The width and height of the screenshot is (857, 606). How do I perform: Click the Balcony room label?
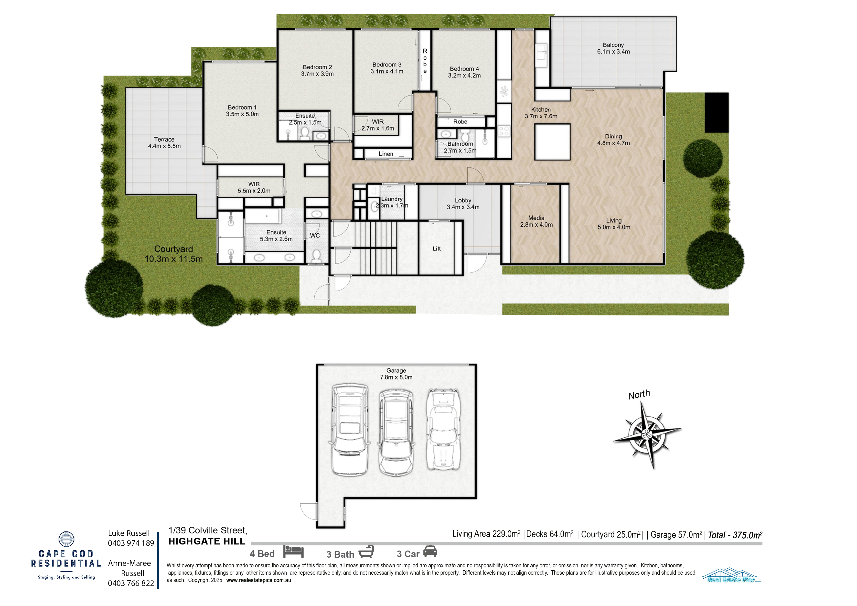pyautogui.click(x=613, y=48)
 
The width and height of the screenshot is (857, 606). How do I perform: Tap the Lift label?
pyautogui.click(x=437, y=249)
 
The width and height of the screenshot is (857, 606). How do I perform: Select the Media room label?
pyautogui.click(x=536, y=221)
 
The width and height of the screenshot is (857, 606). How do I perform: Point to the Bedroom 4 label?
pyautogui.click(x=464, y=72)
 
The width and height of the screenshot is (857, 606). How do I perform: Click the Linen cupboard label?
pyautogui.click(x=386, y=154)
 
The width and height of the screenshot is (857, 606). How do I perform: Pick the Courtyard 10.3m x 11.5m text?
pyautogui.click(x=173, y=254)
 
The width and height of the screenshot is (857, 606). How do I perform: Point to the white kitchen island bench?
pyautogui.click(x=552, y=142)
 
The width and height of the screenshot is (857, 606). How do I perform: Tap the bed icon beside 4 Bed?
pyautogui.click(x=293, y=552)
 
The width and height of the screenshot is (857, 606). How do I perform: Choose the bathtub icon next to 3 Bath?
pyautogui.click(x=366, y=552)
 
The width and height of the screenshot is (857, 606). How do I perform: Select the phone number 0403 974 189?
pyautogui.click(x=131, y=543)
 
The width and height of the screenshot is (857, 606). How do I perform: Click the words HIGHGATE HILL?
pyautogui.click(x=207, y=541)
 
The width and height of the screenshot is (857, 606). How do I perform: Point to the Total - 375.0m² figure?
pyautogui.click(x=735, y=535)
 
